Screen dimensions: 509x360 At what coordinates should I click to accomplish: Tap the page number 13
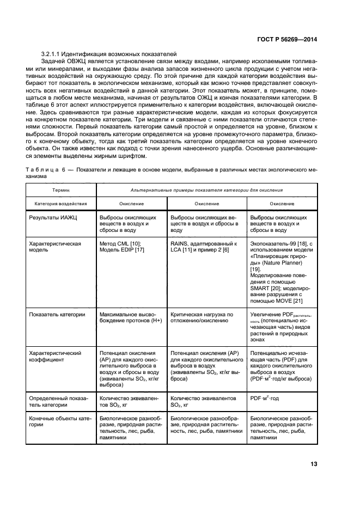tap(314, 464)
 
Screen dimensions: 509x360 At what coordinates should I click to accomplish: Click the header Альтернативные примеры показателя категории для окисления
tap(206, 189)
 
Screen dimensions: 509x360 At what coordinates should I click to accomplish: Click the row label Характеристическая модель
tap(54, 247)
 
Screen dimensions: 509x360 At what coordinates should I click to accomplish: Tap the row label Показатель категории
tap(57, 315)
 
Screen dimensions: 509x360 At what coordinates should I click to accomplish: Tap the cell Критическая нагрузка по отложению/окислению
tap(202, 318)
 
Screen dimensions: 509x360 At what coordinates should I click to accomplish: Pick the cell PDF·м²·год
tap(264, 398)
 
